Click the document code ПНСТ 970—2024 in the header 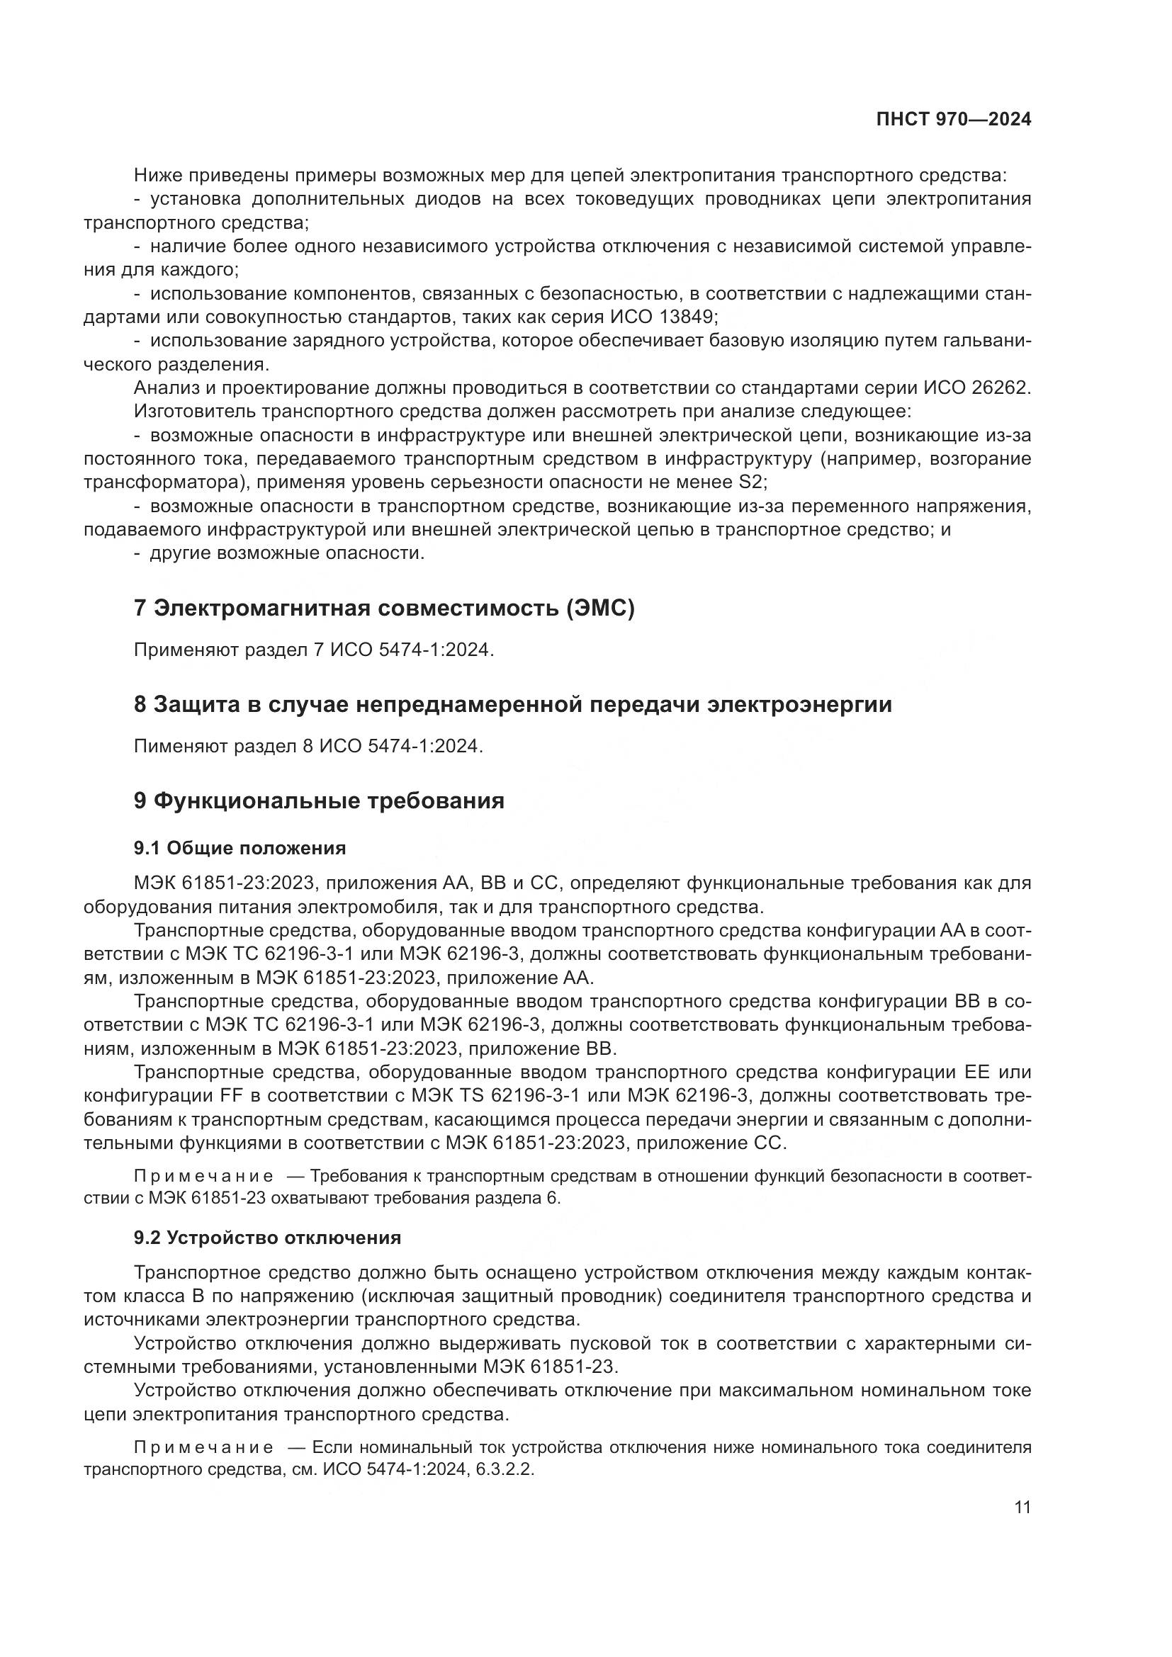tap(953, 120)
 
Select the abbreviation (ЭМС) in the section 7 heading tap(601, 609)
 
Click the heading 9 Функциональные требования tap(319, 801)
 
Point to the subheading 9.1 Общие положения tap(240, 848)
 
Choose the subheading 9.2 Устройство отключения tap(267, 1238)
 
